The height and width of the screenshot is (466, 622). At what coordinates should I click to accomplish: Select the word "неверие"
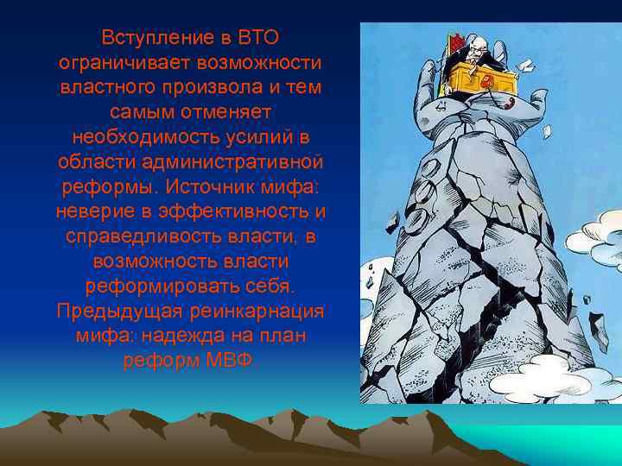92,212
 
